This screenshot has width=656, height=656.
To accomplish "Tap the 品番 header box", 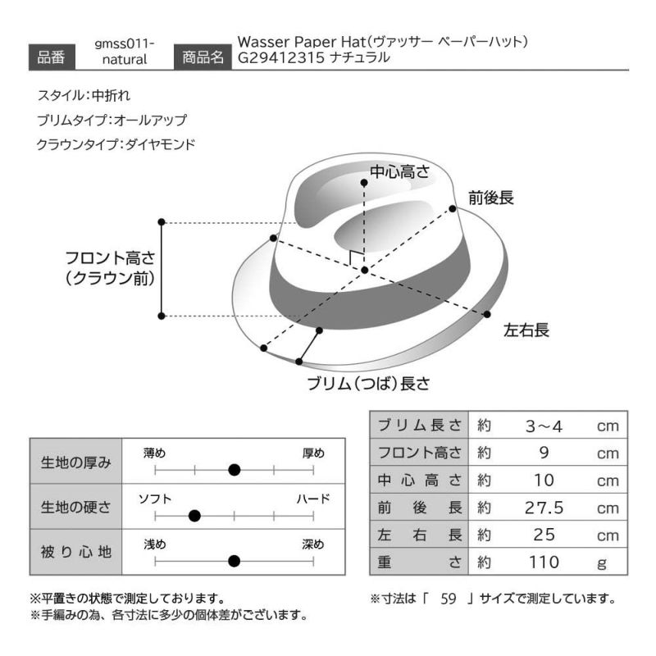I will pyautogui.click(x=52, y=57).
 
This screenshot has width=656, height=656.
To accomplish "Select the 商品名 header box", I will pyautogui.click(x=199, y=57).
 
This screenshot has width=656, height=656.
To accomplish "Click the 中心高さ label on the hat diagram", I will pyautogui.click(x=399, y=171).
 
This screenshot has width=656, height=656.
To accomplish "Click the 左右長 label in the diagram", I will pyautogui.click(x=526, y=330).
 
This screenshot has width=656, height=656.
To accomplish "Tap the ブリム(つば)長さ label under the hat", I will pyautogui.click(x=368, y=383).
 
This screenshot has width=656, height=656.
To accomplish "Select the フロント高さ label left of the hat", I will pyautogui.click(x=110, y=258).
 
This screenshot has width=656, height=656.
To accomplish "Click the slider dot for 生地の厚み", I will pyautogui.click(x=235, y=470).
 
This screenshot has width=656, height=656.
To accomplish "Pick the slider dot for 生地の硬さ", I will pyautogui.click(x=194, y=516).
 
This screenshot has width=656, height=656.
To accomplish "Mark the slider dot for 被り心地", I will pyautogui.click(x=235, y=562).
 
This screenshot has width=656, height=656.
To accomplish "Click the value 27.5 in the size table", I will pyautogui.click(x=544, y=508).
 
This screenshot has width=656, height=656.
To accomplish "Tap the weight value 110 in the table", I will pyautogui.click(x=544, y=562).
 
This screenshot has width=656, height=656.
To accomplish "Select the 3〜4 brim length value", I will pyautogui.click(x=544, y=426).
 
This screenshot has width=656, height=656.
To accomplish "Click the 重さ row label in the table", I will pyautogui.click(x=419, y=562).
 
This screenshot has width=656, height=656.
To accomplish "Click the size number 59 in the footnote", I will pyautogui.click(x=447, y=599).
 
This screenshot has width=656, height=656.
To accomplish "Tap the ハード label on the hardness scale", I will pyautogui.click(x=312, y=498).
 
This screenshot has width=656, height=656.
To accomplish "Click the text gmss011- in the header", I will pyautogui.click(x=125, y=43).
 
